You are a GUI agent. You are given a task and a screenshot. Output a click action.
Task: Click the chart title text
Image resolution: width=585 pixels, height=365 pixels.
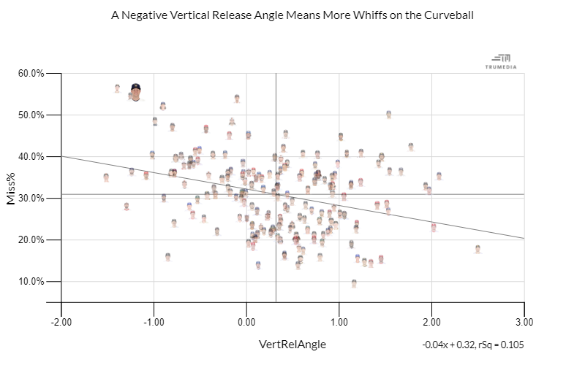(292, 15)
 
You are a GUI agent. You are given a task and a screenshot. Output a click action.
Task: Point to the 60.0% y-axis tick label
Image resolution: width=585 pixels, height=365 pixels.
(31, 74)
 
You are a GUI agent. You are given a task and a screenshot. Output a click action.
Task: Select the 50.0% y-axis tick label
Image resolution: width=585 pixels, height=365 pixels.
(31, 115)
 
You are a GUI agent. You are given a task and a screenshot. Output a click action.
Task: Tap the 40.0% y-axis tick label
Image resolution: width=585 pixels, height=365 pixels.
(31, 157)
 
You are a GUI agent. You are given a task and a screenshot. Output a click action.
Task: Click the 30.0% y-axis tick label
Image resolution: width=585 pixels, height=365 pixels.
(31, 199)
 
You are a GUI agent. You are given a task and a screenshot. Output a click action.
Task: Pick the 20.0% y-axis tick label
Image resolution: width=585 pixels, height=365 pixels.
(31, 240)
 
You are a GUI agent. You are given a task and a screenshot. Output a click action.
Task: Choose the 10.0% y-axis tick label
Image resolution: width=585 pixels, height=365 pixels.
(31, 282)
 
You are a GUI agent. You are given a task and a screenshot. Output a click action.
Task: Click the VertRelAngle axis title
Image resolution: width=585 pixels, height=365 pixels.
(292, 344)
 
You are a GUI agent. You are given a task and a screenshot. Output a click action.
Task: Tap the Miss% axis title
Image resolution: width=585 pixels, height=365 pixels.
(12, 188)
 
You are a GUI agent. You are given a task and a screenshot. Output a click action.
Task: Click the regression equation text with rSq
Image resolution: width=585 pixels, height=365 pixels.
(473, 345)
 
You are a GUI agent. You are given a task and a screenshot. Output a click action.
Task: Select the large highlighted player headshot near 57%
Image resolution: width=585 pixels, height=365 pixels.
(135, 92)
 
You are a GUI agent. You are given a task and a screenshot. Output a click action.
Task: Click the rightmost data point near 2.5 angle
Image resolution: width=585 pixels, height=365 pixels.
(478, 249)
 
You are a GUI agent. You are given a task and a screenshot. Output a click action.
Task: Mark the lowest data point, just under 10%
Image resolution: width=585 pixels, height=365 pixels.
(354, 283)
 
